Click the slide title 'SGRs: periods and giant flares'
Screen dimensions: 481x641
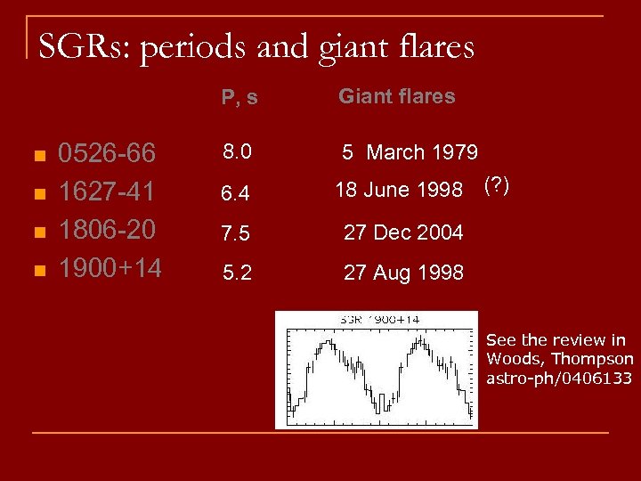tap(256, 45)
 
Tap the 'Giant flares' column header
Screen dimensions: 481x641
tap(396, 96)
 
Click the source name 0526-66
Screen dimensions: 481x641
tap(107, 154)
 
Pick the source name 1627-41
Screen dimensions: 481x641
tap(107, 192)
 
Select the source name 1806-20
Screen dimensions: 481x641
tap(107, 229)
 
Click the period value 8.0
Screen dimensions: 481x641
tap(236, 152)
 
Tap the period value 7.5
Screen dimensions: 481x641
tap(237, 233)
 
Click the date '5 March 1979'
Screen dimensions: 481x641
tap(410, 152)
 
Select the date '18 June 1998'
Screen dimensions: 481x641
tap(399, 190)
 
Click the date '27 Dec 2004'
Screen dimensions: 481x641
tap(403, 232)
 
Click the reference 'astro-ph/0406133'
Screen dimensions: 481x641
tap(559, 379)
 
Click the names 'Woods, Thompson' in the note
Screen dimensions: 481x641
tap(560, 359)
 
